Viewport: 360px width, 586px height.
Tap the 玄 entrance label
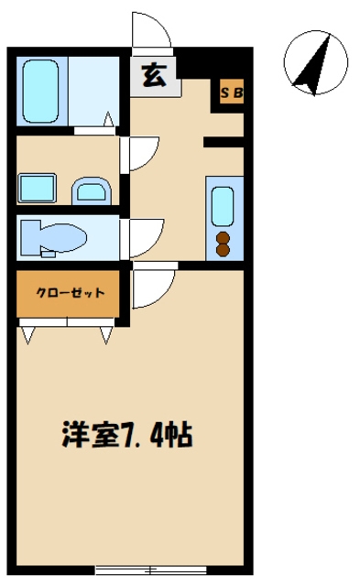coord(154,77)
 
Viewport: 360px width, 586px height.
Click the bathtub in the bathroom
coord(40,92)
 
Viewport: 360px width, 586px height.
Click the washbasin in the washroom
coord(92,190)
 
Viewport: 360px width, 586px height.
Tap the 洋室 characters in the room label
coord(91,435)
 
